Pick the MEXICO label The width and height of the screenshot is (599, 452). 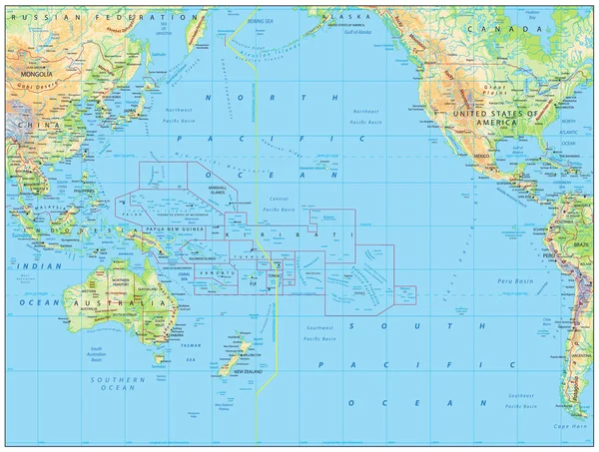(483, 158)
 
